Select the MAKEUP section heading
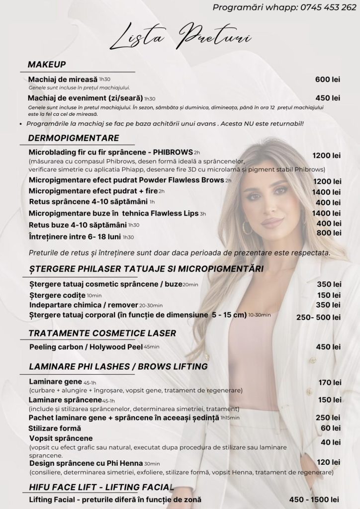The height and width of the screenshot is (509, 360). click(x=47, y=65)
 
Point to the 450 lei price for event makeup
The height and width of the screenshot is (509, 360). click(x=328, y=98)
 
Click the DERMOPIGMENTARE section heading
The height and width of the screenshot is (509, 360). click(x=74, y=138)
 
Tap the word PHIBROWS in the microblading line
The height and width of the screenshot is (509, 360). click(x=172, y=152)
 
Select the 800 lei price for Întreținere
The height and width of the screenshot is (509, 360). click(x=329, y=233)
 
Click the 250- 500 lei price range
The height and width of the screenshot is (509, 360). click(x=319, y=317)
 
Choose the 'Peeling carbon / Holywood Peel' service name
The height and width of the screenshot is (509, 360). click(x=86, y=346)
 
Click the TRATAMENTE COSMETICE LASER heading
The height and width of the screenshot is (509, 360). click(x=102, y=333)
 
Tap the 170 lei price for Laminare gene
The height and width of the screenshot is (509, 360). click(x=330, y=382)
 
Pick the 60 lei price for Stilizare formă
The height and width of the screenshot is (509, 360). click(x=331, y=428)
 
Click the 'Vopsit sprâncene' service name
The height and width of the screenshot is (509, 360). click(x=61, y=438)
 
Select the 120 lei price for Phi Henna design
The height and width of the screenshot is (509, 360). click(x=329, y=462)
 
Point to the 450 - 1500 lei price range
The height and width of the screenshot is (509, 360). click(x=314, y=500)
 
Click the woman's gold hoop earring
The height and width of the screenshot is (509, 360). click(x=247, y=228)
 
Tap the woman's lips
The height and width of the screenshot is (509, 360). click(x=271, y=222)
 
